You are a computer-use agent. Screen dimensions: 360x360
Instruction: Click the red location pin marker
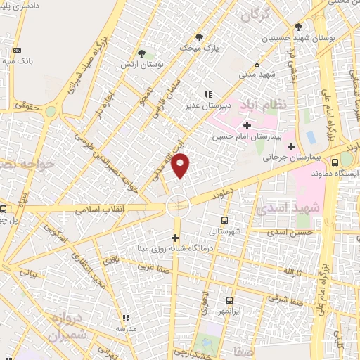pos(181,166)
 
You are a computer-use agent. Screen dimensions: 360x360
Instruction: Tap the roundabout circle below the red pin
pos(179,205)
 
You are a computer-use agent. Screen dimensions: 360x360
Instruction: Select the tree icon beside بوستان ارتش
pos(142,53)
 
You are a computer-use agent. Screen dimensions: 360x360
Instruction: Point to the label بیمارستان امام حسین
pos(245,136)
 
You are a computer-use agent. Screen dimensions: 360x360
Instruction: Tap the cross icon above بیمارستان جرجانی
pos(291,146)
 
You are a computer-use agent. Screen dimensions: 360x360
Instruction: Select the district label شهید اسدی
pos(297,208)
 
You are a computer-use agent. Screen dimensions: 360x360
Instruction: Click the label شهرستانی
pos(225,230)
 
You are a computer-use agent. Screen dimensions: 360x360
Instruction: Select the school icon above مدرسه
pos(126,318)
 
